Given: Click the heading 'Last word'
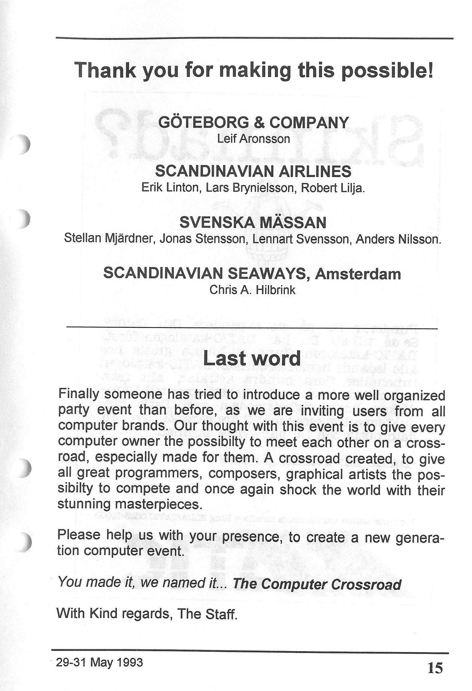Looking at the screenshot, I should click(x=252, y=358).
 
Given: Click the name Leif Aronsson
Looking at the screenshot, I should click(x=253, y=139).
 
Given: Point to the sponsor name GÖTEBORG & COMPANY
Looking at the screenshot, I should click(x=254, y=122).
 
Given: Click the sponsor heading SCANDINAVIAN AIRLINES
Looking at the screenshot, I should click(x=253, y=171).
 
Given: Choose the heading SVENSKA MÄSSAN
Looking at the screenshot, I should click(x=253, y=223).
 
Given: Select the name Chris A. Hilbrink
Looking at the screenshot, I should click(x=252, y=290).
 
